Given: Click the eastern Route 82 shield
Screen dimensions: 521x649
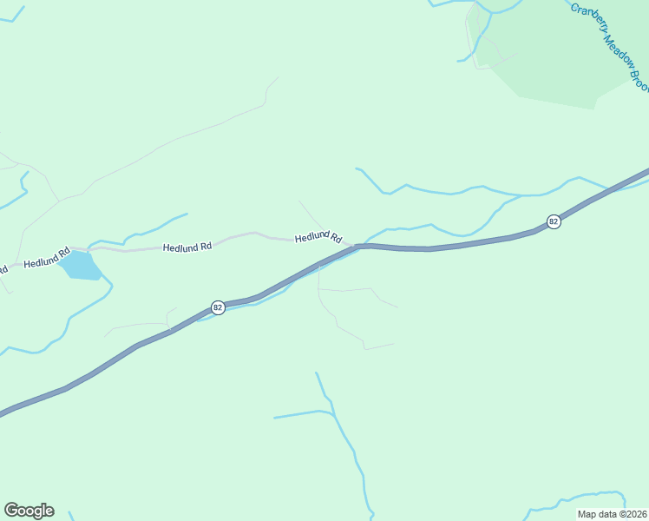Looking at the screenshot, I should (x=554, y=222).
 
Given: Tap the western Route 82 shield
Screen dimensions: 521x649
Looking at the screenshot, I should (x=219, y=307).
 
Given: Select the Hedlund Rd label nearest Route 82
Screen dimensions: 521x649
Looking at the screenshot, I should (x=318, y=238).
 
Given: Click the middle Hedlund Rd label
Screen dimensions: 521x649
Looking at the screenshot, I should (x=187, y=247).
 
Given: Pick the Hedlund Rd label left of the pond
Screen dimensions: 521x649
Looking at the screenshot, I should (x=46, y=260).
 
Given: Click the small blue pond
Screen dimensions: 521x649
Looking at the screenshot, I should (x=82, y=266).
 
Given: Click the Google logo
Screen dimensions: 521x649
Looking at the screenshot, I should (x=29, y=511).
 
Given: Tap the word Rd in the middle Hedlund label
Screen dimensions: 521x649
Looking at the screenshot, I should (x=206, y=247).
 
